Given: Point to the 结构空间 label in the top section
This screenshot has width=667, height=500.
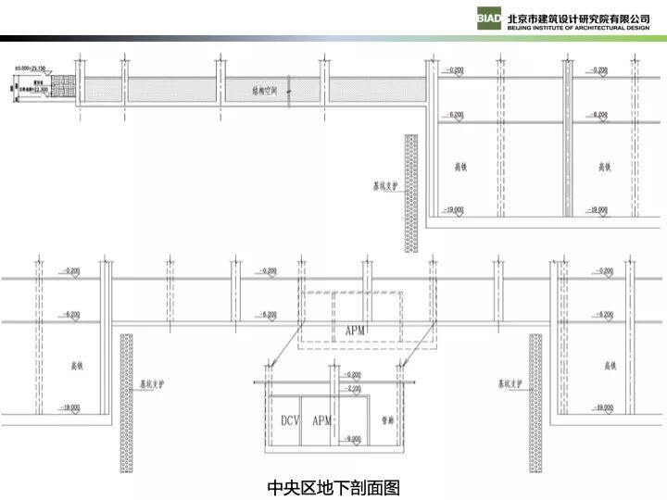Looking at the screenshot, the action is pos(265,91).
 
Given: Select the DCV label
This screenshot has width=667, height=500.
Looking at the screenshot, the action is pos(291,420).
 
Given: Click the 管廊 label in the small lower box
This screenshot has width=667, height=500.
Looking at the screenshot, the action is pos(388,420).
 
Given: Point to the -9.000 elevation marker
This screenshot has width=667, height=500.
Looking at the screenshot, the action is pos(351,438).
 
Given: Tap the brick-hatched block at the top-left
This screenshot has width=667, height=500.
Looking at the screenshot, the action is pos(63,87).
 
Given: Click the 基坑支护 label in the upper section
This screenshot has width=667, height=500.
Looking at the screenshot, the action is pos(386,184).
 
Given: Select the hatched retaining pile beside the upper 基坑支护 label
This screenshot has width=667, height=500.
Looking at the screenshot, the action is pos(410,193).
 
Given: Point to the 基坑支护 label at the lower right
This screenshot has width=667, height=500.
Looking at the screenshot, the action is pos(509,381).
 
